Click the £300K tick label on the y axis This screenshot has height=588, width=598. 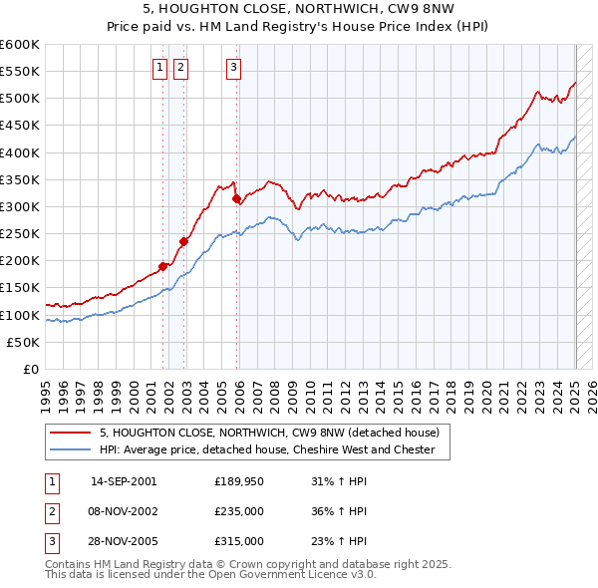(21, 206)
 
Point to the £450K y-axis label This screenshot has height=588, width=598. (21, 126)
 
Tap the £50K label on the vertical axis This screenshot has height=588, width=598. (25, 342)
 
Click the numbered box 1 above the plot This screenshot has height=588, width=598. (159, 68)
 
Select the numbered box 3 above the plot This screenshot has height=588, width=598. (233, 68)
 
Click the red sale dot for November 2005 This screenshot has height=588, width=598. (237, 199)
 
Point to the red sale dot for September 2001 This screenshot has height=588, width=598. (163, 266)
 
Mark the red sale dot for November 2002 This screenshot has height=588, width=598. (184, 241)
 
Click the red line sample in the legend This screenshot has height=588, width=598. (70, 433)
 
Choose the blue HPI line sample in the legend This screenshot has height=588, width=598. (70, 449)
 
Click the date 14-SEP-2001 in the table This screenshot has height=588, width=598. (124, 481)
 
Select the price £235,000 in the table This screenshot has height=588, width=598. (239, 511)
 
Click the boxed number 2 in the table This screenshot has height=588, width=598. (49, 511)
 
